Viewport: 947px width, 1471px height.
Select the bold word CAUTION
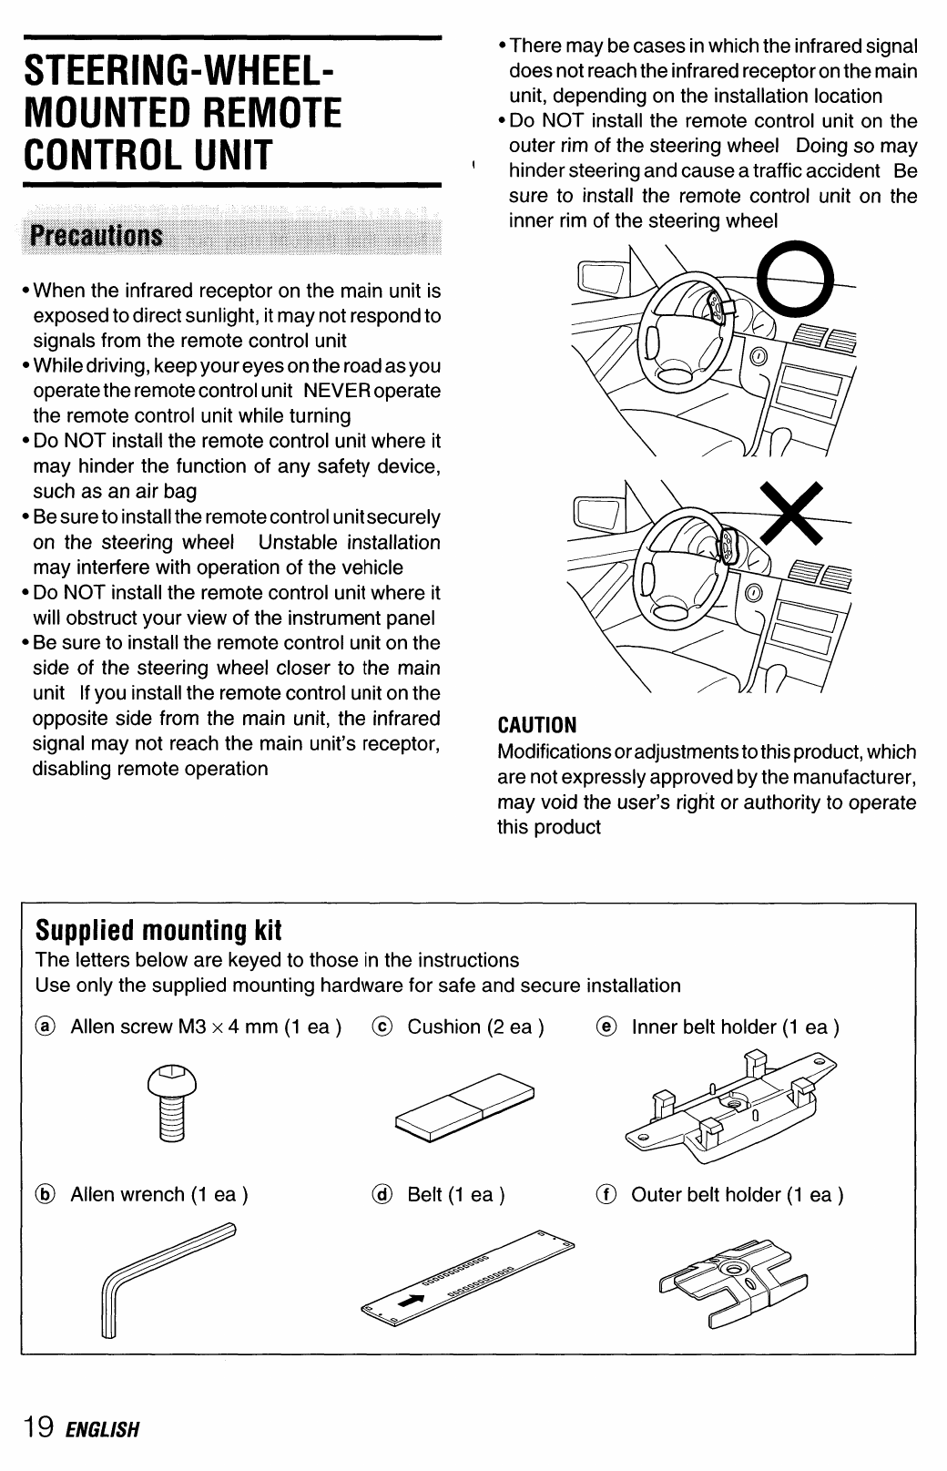click(x=537, y=725)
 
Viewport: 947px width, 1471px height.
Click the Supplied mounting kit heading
click(x=158, y=930)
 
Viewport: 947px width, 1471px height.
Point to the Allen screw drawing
click(x=173, y=1102)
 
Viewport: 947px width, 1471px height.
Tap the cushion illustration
click(x=464, y=1104)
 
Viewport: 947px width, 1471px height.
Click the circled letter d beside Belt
click(x=383, y=1195)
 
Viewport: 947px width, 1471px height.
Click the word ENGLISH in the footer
click(x=102, y=1427)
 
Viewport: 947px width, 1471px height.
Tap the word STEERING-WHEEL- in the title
click(x=178, y=68)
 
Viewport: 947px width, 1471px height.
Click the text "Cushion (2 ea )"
click(x=475, y=1027)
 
